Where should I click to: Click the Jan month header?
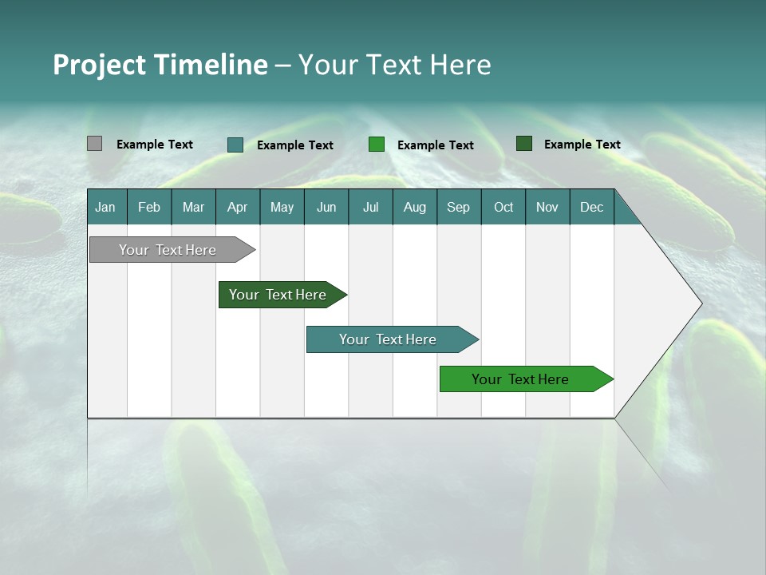(105, 207)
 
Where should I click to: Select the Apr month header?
(238, 207)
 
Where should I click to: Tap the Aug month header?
(414, 207)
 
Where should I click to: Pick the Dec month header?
(591, 207)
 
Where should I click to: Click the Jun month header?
(326, 207)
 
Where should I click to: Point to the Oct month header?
(503, 207)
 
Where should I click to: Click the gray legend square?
(94, 144)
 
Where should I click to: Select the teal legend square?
(235, 145)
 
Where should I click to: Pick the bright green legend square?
(377, 145)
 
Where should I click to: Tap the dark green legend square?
(523, 144)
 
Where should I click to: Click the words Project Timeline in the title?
(160, 65)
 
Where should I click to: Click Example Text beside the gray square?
(155, 145)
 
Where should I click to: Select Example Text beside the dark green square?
(582, 145)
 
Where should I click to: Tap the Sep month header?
(458, 207)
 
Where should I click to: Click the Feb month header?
(149, 207)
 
